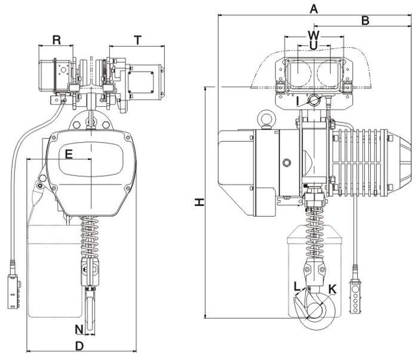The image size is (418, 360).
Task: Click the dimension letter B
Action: (366, 20)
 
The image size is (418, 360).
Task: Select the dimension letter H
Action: (201, 202)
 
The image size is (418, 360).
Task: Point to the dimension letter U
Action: (314, 45)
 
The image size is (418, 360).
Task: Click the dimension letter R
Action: (56, 40)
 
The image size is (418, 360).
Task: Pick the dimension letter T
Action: (137, 40)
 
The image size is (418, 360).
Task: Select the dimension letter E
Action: (69, 154)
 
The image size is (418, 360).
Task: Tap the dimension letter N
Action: (78, 329)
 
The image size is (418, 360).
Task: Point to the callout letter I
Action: (297, 101)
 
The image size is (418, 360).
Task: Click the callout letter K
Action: (333, 289)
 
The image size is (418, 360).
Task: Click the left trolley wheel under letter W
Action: (298, 74)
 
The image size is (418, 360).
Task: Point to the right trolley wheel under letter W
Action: (328, 74)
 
